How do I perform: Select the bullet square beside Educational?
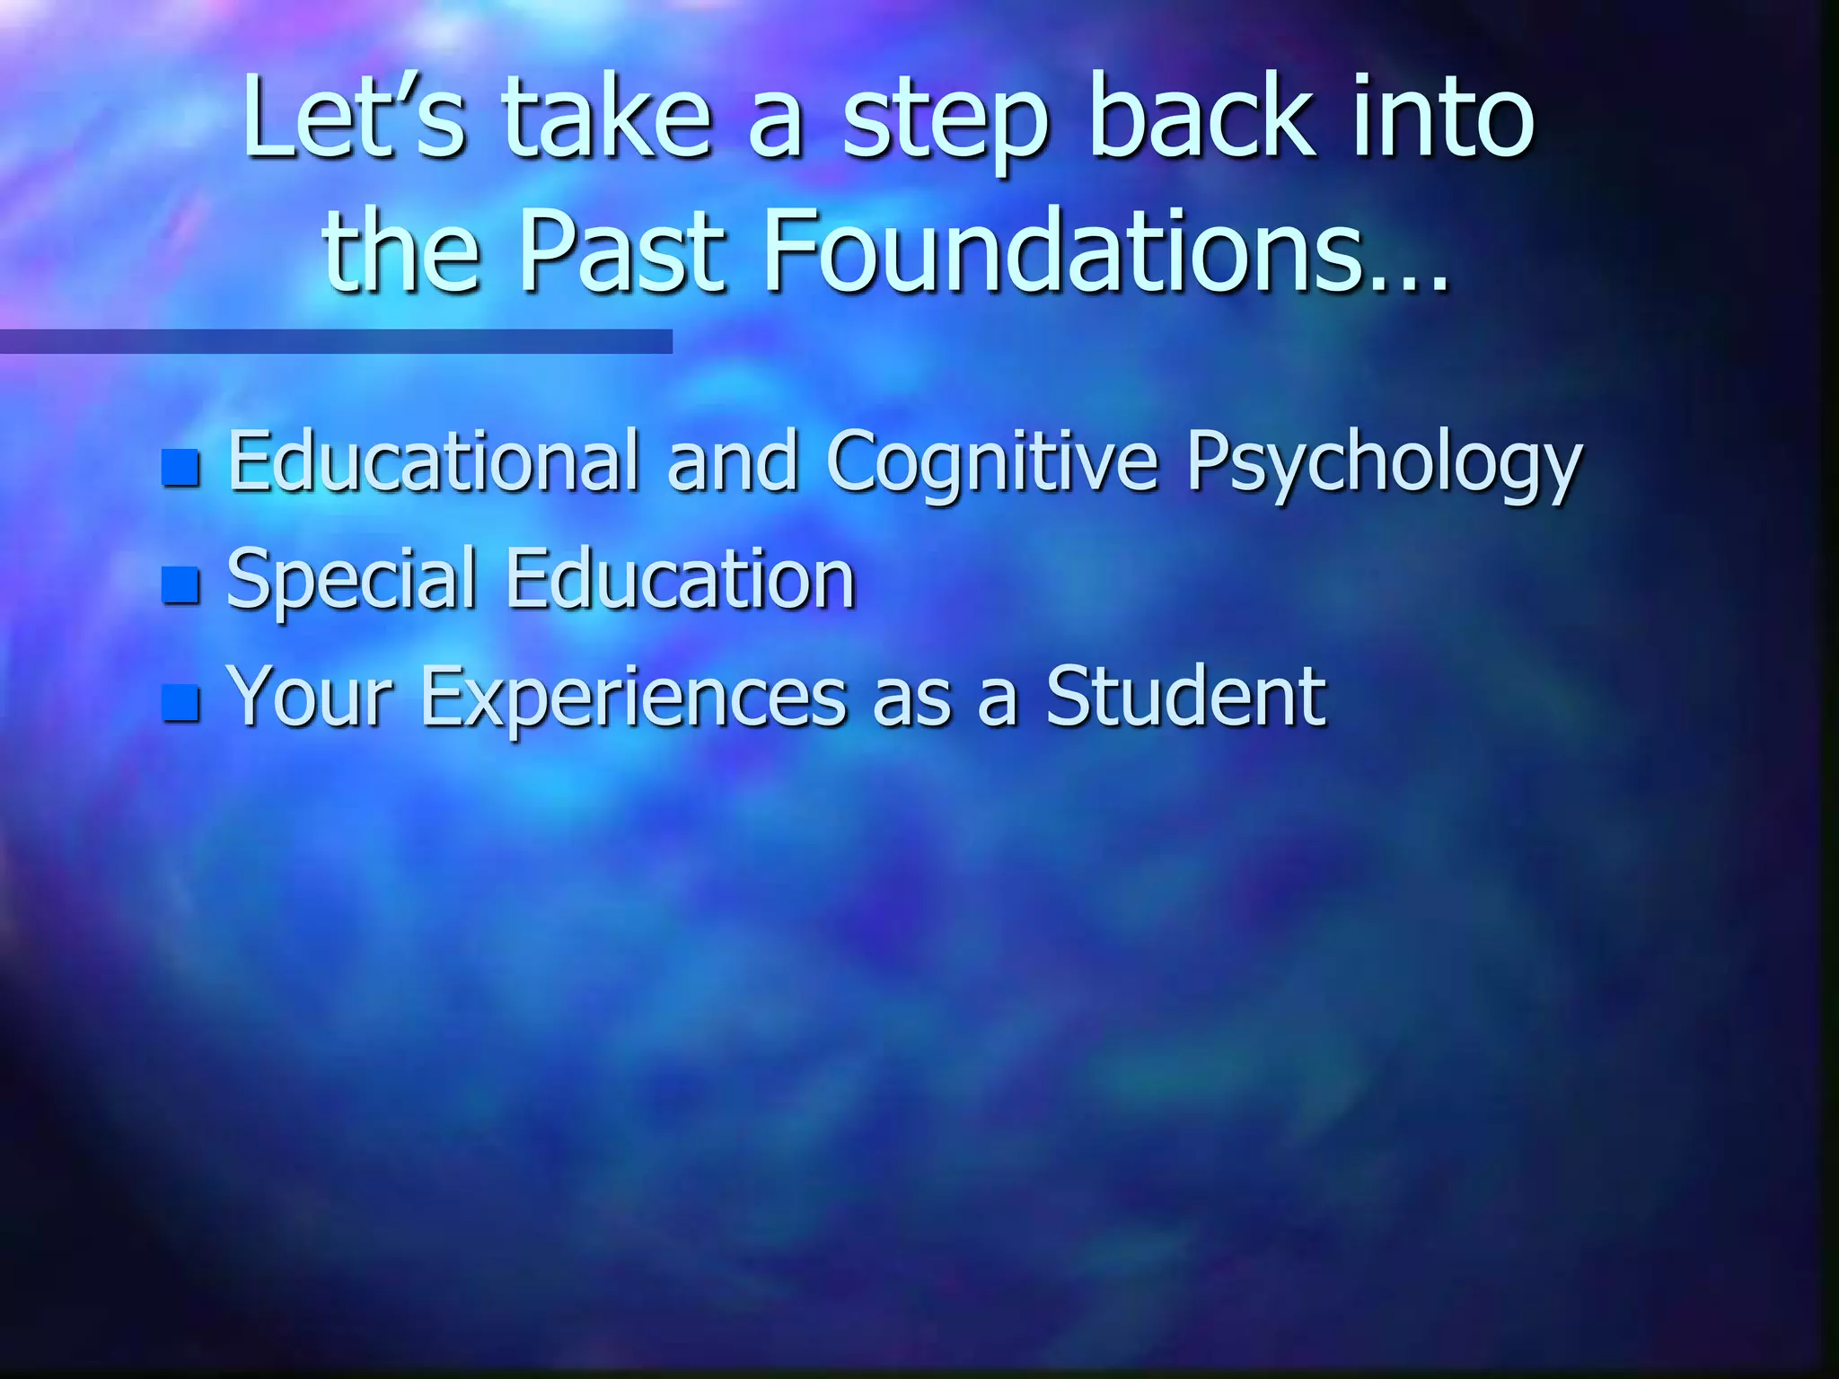(180, 467)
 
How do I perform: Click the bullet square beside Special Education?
(180, 584)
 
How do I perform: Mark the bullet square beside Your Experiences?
(180, 702)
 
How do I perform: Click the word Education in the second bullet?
(680, 578)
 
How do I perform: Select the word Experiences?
(633, 698)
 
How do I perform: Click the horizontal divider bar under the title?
(336, 341)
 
